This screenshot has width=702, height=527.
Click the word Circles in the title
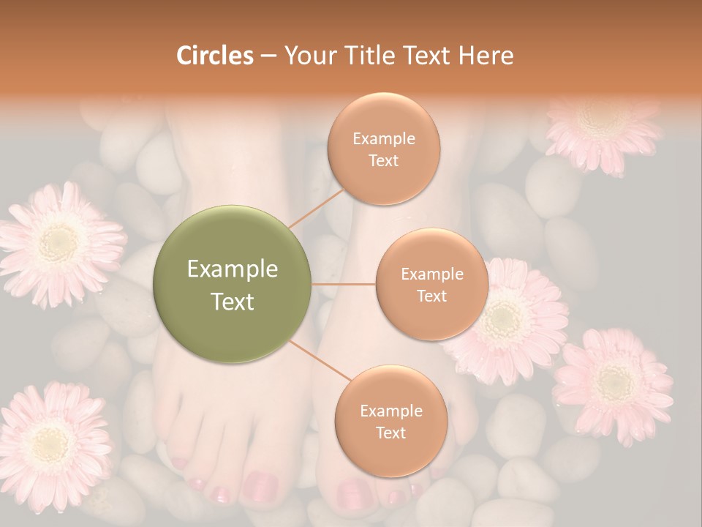tap(214, 56)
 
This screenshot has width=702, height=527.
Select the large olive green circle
tap(233, 284)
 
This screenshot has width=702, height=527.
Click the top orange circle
tap(383, 149)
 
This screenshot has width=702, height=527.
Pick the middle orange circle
tap(431, 284)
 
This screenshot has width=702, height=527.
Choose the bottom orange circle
tap(390, 421)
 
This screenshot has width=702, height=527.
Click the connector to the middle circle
tap(344, 284)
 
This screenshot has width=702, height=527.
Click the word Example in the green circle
tap(233, 269)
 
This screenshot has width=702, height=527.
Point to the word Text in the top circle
tap(383, 160)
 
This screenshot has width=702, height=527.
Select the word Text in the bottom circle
tap(390, 433)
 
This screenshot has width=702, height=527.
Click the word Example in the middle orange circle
tap(431, 274)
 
